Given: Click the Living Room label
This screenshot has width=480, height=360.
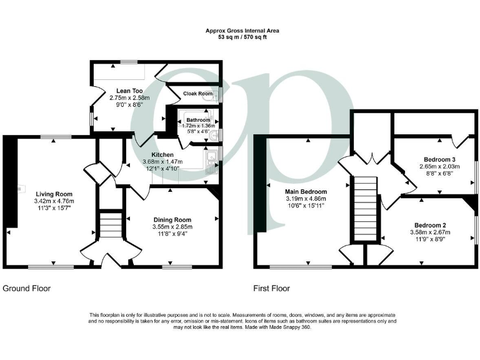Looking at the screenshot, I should tap(54, 194).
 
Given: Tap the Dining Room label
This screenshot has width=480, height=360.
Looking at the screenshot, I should tap(173, 219).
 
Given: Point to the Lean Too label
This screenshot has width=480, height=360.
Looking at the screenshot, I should tap(126, 90).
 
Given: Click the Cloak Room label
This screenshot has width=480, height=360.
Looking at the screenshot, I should tap(197, 94).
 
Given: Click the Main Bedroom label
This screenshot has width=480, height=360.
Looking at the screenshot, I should tap(306, 191).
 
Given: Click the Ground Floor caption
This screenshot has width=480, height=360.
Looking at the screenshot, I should tap(26, 288).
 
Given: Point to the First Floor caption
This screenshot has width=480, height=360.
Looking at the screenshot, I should tap(271, 288).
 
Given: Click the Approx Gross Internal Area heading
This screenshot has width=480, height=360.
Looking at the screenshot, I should tap(242, 31).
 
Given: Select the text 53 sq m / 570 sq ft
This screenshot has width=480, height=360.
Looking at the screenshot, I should tap(242, 37).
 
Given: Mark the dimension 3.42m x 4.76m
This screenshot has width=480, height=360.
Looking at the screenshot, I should tap(54, 201).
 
